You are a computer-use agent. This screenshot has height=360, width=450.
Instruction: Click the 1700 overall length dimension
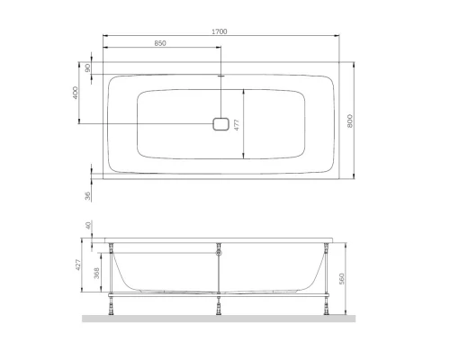(220, 31)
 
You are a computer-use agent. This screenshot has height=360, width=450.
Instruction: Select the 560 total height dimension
(342, 279)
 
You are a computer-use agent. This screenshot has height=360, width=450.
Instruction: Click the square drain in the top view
(220, 124)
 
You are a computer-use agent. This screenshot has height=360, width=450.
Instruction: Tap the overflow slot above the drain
(220, 76)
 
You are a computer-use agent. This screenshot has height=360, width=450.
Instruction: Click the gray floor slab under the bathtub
(220, 319)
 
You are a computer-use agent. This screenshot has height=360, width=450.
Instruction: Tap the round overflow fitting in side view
(220, 253)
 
